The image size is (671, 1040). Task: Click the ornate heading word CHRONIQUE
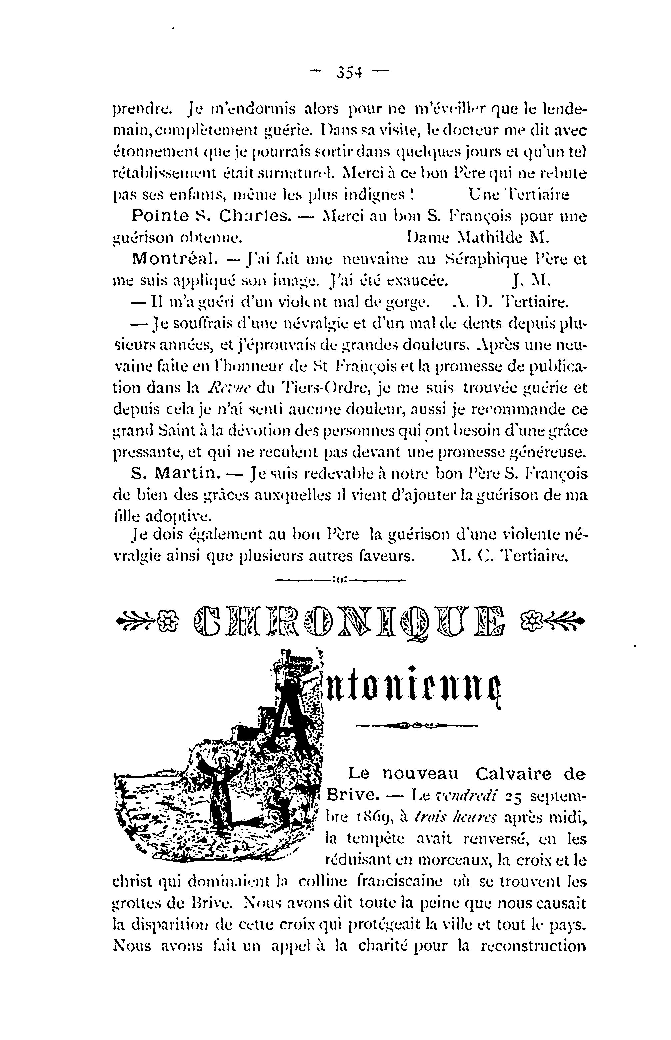click(348, 620)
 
